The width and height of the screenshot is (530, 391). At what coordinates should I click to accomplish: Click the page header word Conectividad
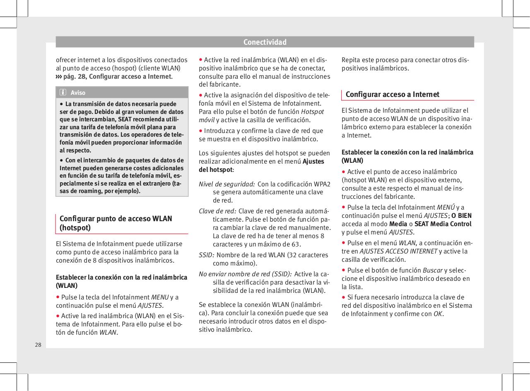(265, 42)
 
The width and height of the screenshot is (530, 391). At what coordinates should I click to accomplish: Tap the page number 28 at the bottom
(38, 345)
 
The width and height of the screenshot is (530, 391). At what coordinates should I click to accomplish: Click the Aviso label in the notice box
(78, 92)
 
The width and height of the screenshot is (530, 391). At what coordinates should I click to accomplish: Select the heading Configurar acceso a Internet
(392, 94)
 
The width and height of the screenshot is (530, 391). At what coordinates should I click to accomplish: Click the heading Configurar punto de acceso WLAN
(116, 219)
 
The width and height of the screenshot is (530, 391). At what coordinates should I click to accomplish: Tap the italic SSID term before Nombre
(206, 255)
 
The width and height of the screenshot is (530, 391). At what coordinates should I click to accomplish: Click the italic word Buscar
(432, 270)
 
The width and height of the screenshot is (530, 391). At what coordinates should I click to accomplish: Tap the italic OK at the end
(437, 314)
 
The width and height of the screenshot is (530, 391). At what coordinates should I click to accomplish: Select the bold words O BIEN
(461, 216)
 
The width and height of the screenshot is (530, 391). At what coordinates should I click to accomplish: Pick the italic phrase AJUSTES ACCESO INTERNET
(398, 251)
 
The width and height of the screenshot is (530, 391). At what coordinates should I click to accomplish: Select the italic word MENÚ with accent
(446, 208)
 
